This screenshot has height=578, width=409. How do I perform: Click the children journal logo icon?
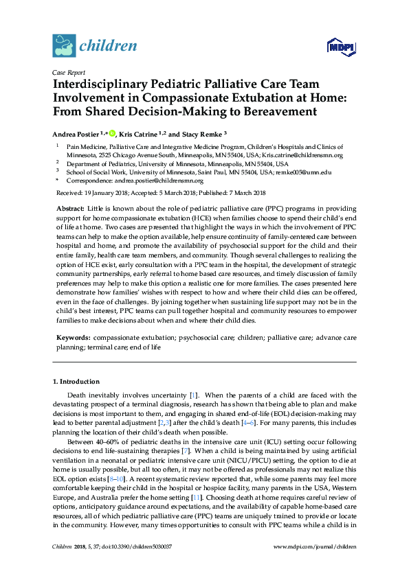[x=64, y=45]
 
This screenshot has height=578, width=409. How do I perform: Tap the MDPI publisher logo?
[x=341, y=47]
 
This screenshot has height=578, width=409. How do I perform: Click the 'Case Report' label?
[x=67, y=71]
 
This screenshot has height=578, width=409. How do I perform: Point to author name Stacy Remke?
[x=205, y=134]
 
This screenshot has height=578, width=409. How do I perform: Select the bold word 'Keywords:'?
[x=71, y=338]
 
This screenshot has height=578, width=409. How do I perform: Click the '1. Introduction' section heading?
[x=76, y=381]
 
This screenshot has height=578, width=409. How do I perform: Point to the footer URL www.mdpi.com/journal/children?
[x=316, y=565]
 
